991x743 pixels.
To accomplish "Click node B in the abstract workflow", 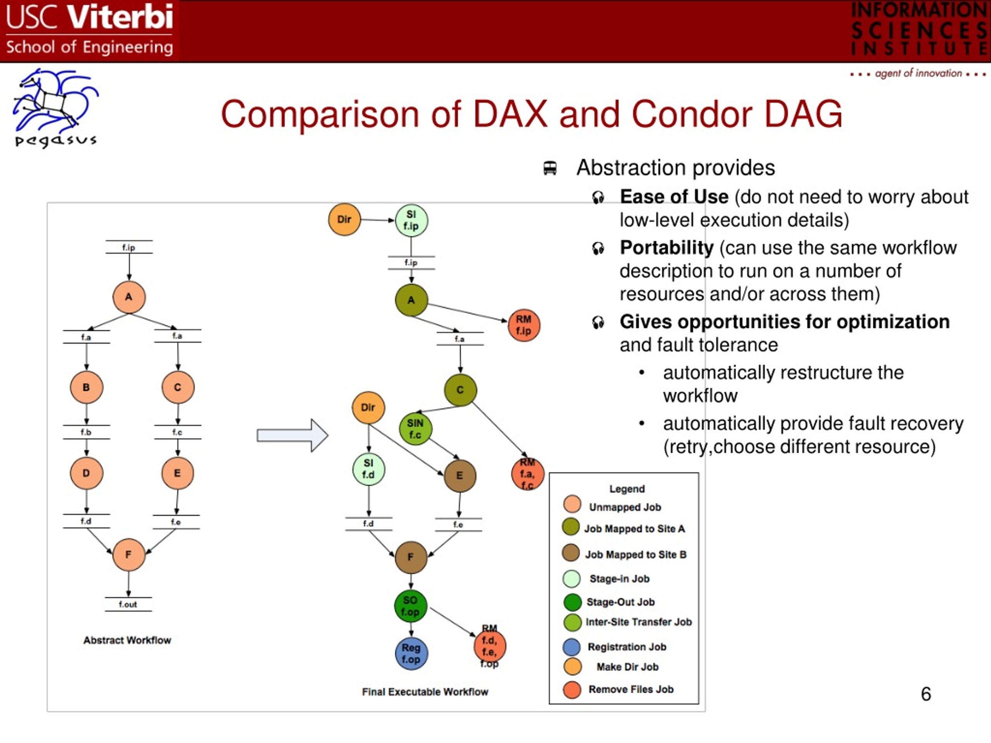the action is [x=86, y=387].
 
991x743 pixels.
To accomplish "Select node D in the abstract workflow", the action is [x=86, y=473].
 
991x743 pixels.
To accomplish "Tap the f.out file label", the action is [x=128, y=604].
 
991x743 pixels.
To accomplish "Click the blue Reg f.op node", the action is [x=411, y=654].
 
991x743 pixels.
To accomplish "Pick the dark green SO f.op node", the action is [x=410, y=606].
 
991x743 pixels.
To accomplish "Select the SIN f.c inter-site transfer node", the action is [x=415, y=429].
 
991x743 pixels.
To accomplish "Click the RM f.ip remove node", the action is [x=524, y=325].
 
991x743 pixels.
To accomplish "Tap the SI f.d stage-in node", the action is [x=368, y=469].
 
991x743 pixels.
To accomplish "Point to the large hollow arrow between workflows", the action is [x=292, y=435].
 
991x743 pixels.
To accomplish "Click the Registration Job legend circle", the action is [x=572, y=647].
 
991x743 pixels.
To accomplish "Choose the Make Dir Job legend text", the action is [x=627, y=667].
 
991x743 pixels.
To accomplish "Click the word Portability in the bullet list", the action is [x=667, y=248].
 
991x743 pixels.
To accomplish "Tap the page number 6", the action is [x=926, y=694].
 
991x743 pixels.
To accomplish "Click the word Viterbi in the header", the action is [x=120, y=17].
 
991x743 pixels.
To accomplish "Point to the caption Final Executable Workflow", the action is [x=425, y=692].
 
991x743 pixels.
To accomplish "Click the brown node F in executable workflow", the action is [x=411, y=557].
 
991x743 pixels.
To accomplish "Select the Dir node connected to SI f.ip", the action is [x=344, y=219].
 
